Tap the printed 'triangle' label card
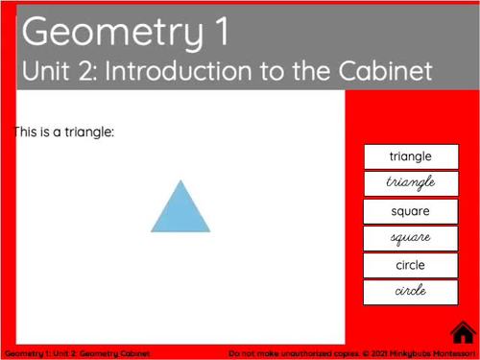pyautogui.click(x=411, y=156)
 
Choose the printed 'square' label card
pyautogui.click(x=411, y=211)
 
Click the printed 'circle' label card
pyautogui.click(x=411, y=265)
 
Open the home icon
pyautogui.click(x=464, y=332)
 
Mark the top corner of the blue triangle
pyautogui.click(x=180, y=180)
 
